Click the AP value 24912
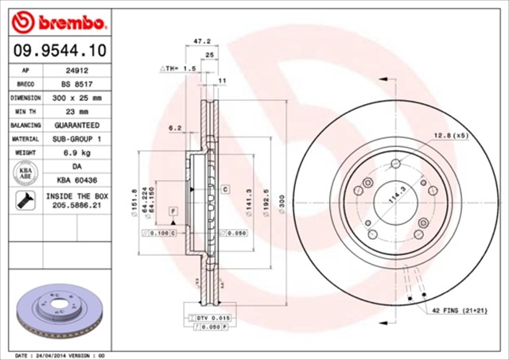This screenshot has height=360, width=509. point(76,70)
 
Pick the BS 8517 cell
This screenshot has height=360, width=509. point(76,83)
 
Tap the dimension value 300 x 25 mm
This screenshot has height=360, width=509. point(76,98)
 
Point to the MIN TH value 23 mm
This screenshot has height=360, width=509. point(76,111)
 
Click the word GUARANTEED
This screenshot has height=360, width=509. point(76,126)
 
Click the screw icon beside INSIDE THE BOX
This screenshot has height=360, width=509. point(24,201)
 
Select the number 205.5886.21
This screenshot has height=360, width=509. point(76,205)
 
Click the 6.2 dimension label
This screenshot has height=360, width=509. point(176,127)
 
